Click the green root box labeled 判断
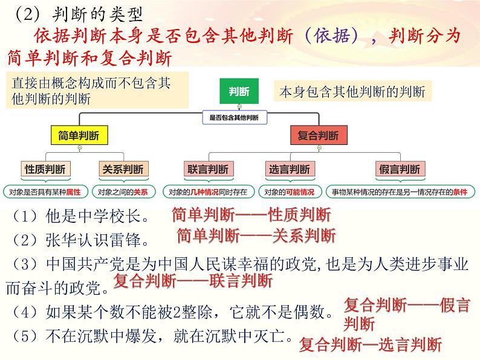[x=239, y=92]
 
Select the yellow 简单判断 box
[x=79, y=135]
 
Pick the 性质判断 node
[x=45, y=170]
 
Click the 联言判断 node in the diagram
[x=208, y=170]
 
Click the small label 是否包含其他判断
[x=233, y=118]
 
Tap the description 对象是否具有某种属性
[x=45, y=192]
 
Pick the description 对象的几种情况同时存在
[x=208, y=192]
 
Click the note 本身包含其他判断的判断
[x=352, y=92]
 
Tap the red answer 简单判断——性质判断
[x=251, y=214]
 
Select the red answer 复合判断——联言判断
[x=193, y=281]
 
